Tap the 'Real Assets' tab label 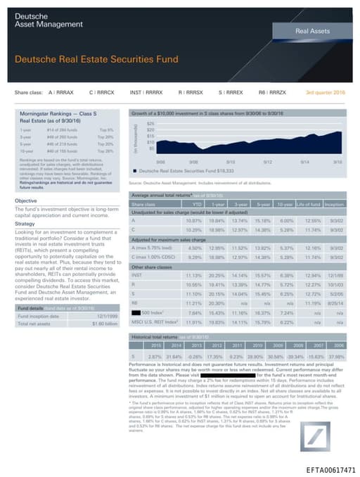pyautogui.click(x=310, y=32)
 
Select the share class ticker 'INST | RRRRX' pyautogui.click(x=146, y=92)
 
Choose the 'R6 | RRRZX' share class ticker pyautogui.click(x=272, y=92)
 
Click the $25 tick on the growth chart pyautogui.click(x=149, y=124)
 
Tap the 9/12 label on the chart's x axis pyautogui.click(x=267, y=160)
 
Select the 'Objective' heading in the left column pyautogui.click(x=26, y=181)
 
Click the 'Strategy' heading pyautogui.click(x=25, y=205)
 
